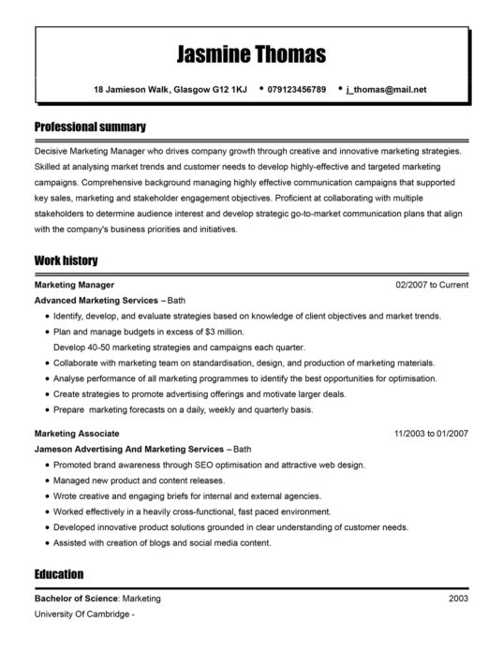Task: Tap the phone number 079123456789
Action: [296, 90]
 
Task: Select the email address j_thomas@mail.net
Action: [386, 90]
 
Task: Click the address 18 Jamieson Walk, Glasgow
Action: [170, 90]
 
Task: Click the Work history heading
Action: [66, 259]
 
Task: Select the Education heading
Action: [59, 573]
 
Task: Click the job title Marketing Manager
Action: [74, 284]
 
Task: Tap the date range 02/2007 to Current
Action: [432, 284]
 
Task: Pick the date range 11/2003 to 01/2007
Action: [431, 434]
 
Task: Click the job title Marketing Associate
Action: [77, 434]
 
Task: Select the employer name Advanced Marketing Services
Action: [96, 301]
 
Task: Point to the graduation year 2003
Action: [458, 598]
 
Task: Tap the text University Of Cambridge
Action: [81, 614]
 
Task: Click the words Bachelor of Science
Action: [76, 598]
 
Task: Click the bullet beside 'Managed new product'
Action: [46, 481]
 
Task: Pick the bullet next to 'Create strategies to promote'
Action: [46, 394]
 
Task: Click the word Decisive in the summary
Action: [53, 150]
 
